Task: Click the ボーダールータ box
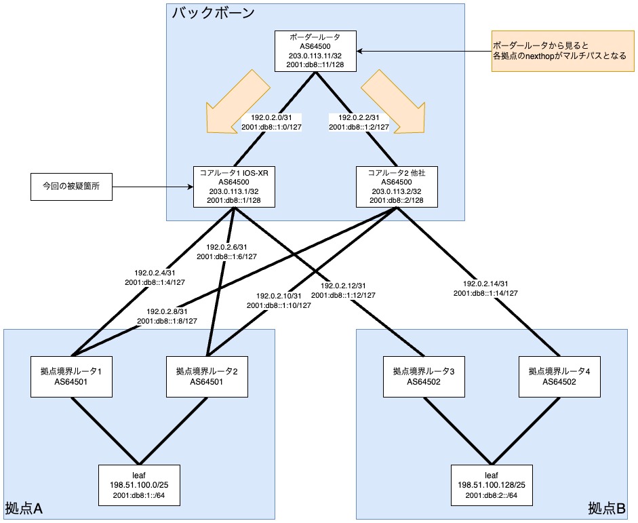click(x=315, y=51)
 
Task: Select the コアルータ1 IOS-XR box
click(x=234, y=187)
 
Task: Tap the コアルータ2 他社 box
click(x=397, y=187)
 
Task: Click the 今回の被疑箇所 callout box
click(x=71, y=186)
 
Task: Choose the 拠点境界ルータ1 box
click(x=71, y=376)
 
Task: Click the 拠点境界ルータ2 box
click(x=207, y=376)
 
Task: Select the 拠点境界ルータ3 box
click(x=424, y=376)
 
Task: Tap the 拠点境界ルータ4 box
click(x=559, y=376)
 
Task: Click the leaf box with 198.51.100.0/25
click(x=139, y=485)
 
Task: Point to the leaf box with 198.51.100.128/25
click(x=492, y=485)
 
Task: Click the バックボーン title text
click(x=213, y=13)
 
